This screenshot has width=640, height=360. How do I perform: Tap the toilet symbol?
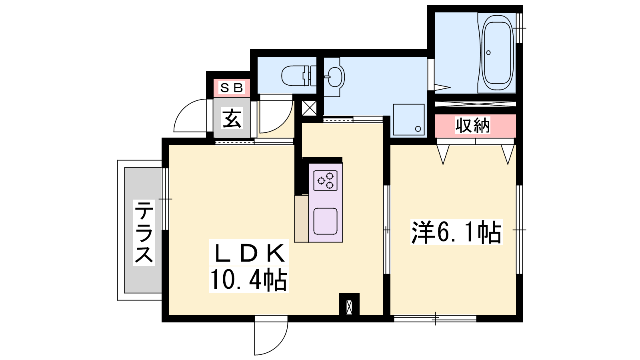click(299, 76)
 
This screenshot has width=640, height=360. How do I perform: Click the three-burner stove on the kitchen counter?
click(326, 180)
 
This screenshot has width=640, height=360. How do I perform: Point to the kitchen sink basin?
click(326, 222)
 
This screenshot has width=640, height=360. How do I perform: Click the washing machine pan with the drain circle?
click(408, 120)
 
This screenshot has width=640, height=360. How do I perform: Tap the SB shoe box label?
click(232, 88)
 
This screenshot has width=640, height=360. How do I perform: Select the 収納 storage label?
click(472, 125)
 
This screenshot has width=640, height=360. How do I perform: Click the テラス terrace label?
click(144, 232)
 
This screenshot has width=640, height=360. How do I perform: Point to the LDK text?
click(249, 252)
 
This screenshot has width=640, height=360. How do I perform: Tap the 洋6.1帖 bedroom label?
click(456, 232)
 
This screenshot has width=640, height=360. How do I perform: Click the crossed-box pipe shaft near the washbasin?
click(310, 108)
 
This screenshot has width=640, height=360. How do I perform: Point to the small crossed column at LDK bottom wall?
click(349, 308)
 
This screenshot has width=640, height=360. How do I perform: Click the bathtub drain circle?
click(488, 52)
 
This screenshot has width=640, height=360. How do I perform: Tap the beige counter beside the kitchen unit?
click(302, 219)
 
